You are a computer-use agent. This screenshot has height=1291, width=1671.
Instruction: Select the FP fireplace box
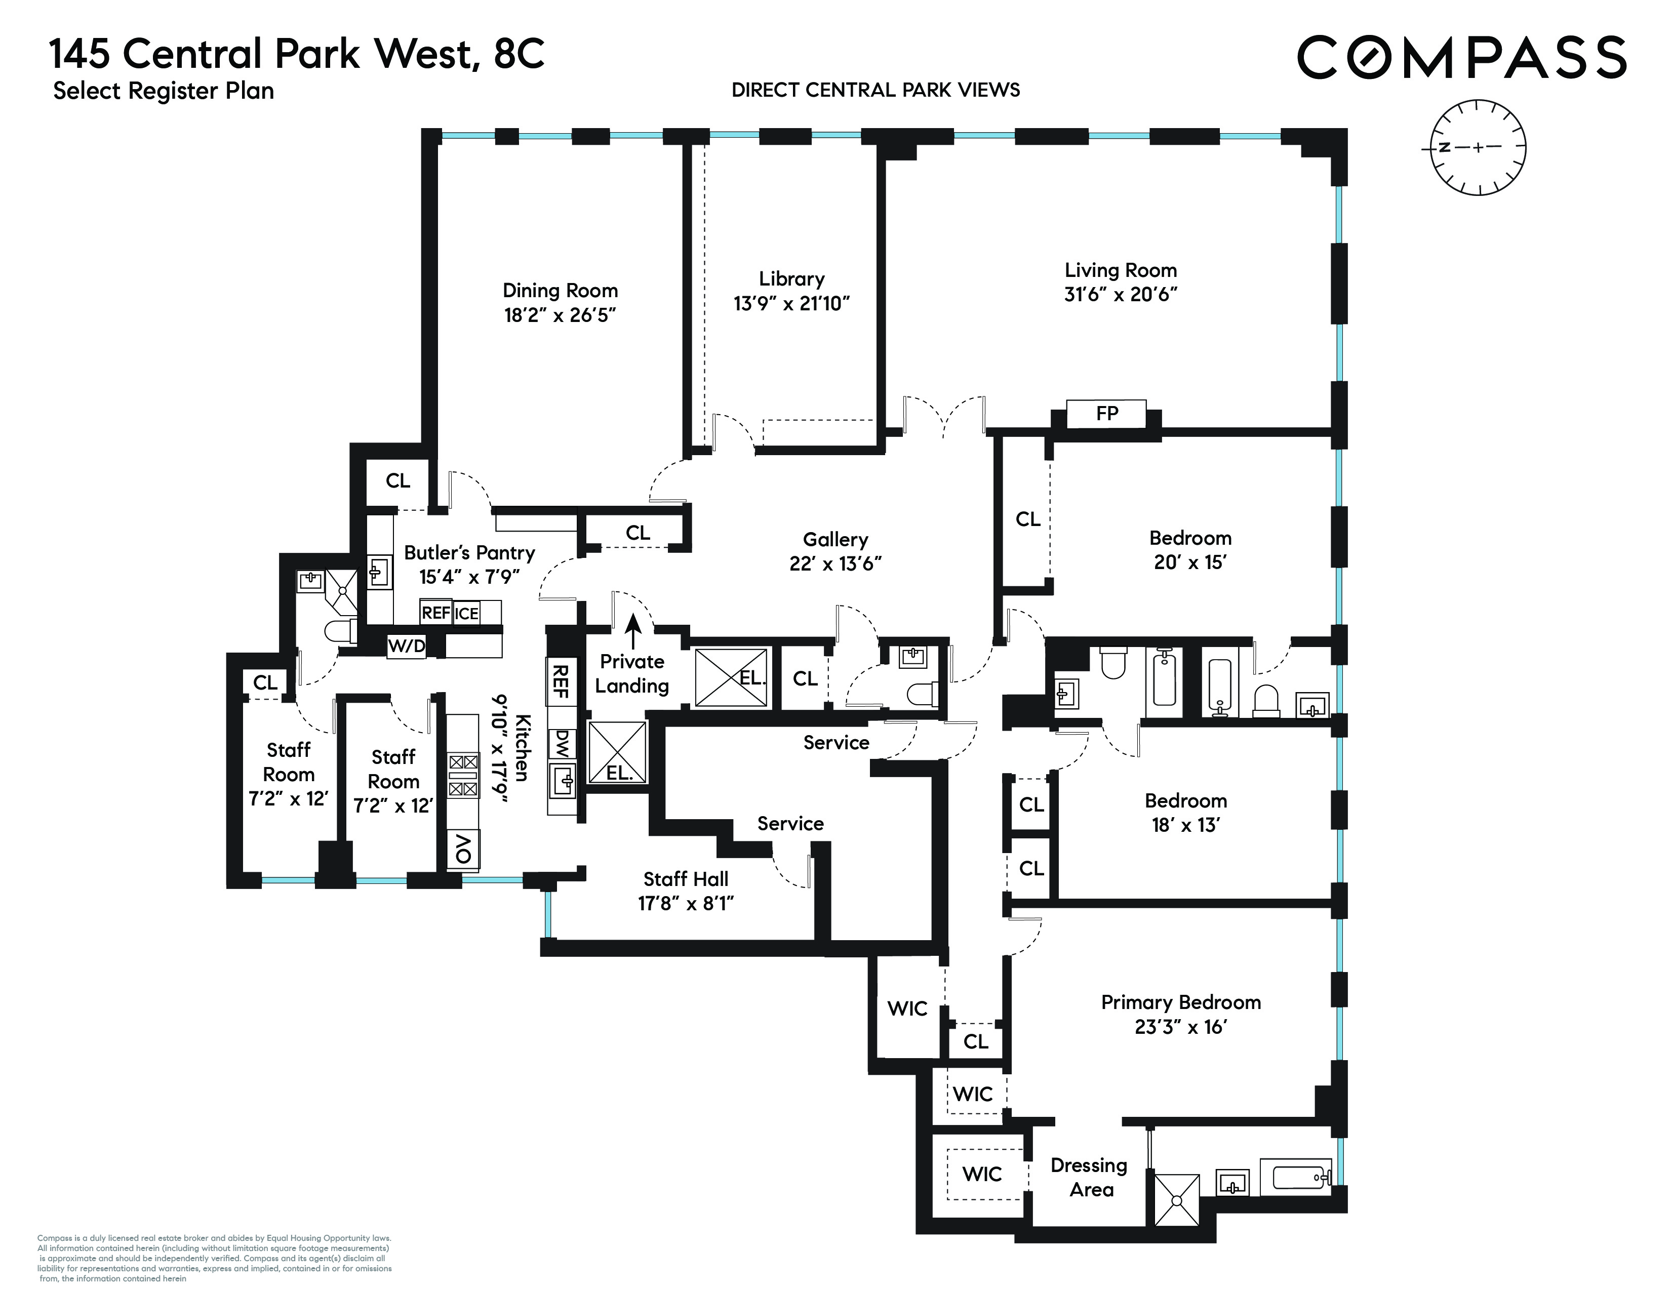1106,414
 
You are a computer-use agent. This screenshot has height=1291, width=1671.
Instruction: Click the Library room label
791,278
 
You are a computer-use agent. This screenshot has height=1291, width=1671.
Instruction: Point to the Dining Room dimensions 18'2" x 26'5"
560,315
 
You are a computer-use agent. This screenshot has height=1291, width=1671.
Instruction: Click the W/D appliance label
406,647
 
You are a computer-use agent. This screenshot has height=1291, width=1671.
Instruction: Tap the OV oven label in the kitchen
463,849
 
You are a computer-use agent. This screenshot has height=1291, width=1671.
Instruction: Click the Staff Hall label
686,879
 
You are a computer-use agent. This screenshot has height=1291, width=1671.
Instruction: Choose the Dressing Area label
1090,1177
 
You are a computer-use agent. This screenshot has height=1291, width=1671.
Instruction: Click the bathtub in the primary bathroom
1301,1178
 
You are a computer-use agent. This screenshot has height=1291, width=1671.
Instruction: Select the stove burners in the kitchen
463,775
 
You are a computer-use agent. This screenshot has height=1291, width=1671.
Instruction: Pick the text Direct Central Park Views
876,90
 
